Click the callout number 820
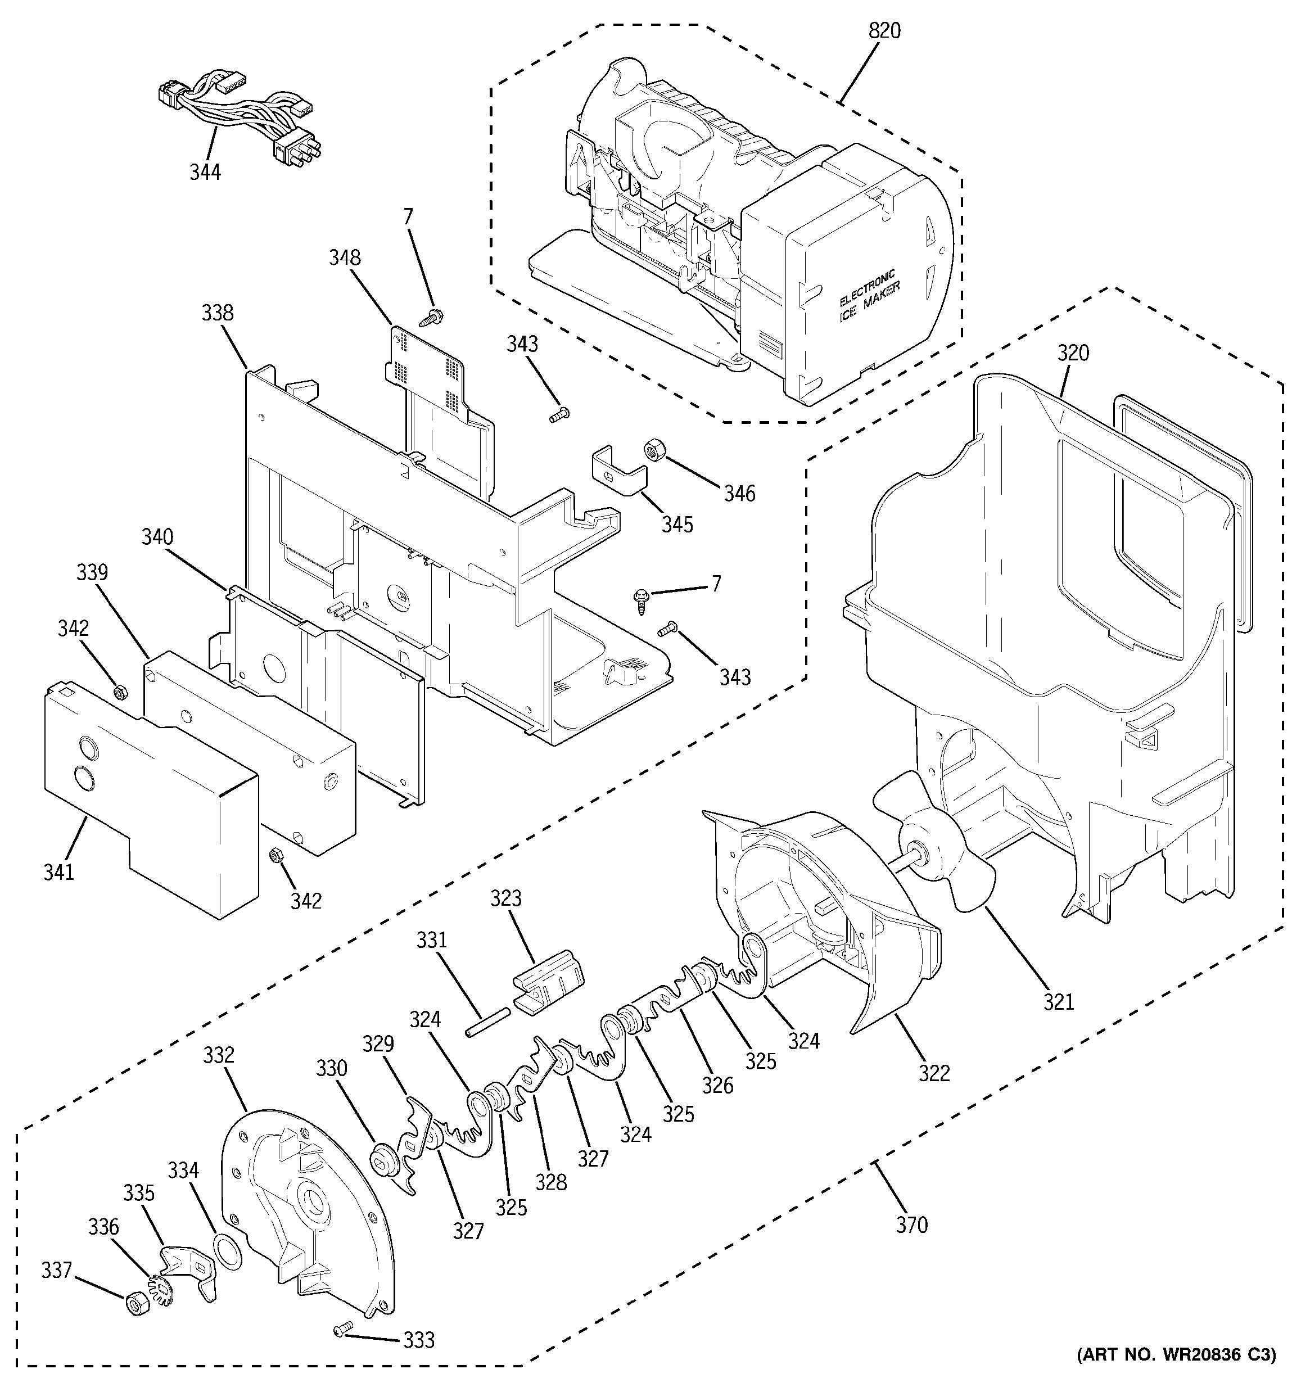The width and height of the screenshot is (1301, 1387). tap(884, 31)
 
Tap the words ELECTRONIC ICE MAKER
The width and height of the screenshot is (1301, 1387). tap(869, 296)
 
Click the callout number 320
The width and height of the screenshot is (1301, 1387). tap(1073, 354)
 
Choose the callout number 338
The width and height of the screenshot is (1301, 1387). tap(218, 313)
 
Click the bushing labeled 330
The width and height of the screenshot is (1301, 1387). tap(383, 1158)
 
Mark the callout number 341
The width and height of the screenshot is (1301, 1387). tap(58, 871)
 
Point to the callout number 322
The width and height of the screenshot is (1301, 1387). tap(934, 1072)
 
